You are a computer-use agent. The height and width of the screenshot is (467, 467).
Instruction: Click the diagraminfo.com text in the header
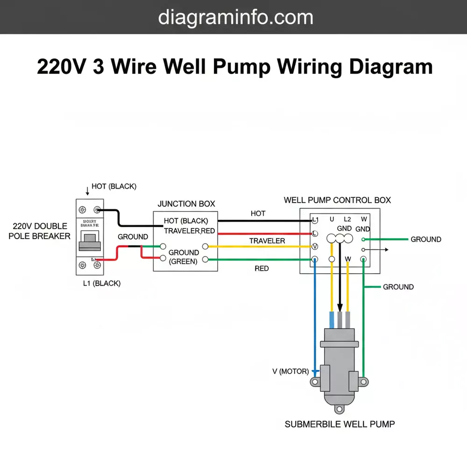[235, 17]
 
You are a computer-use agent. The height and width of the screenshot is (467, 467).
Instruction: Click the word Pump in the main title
[241, 67]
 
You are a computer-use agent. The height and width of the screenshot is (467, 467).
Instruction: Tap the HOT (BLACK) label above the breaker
[114, 186]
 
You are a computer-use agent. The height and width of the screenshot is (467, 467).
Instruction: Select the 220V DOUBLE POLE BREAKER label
[39, 231]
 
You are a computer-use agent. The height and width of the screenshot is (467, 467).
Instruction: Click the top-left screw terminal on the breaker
[83, 210]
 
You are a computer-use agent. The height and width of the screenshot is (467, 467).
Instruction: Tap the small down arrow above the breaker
[87, 191]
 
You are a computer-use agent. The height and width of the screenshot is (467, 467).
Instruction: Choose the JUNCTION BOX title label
[186, 204]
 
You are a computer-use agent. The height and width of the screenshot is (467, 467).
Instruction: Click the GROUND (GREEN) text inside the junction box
[184, 257]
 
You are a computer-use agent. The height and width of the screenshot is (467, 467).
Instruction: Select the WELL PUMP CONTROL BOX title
[337, 200]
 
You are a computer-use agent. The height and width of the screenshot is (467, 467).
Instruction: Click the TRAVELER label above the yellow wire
[267, 241]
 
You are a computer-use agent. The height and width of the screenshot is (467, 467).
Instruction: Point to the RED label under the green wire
[262, 269]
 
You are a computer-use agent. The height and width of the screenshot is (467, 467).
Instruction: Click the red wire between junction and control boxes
[262, 233]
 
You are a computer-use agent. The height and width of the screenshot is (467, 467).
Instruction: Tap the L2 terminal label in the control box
[347, 219]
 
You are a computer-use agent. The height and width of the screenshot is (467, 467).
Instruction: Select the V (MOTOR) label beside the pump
[290, 372]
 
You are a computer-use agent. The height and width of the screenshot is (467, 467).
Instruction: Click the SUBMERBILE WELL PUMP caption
[340, 424]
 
